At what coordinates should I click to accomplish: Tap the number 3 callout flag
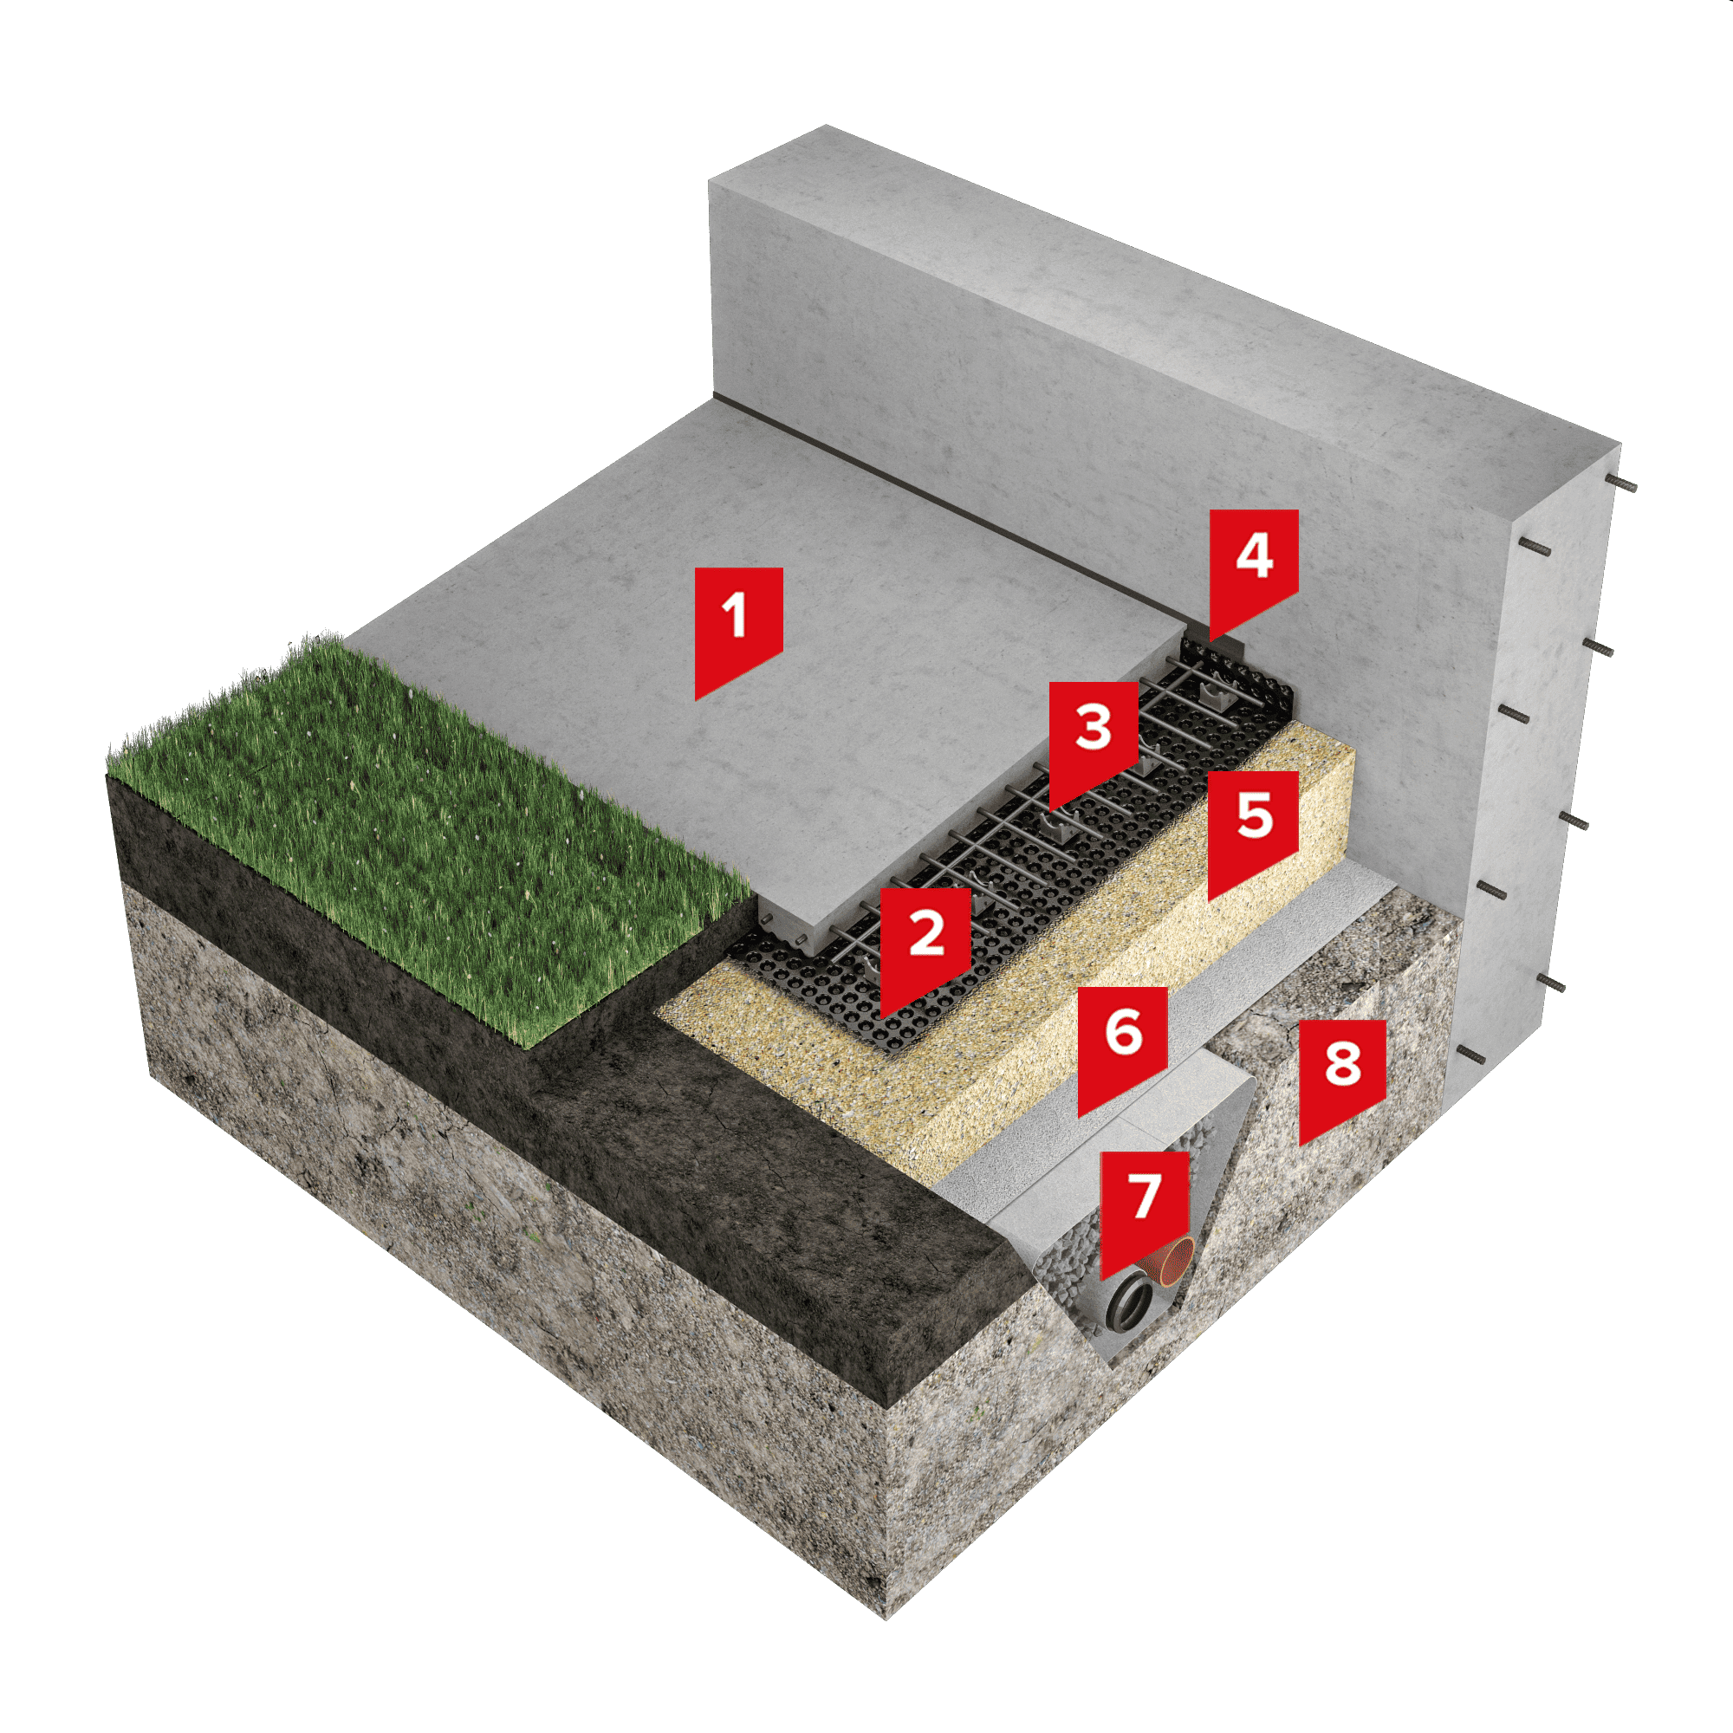1094,736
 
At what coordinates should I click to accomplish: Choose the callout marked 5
1253,825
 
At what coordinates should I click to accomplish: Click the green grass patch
422,834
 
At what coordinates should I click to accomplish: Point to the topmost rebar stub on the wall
1623,485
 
